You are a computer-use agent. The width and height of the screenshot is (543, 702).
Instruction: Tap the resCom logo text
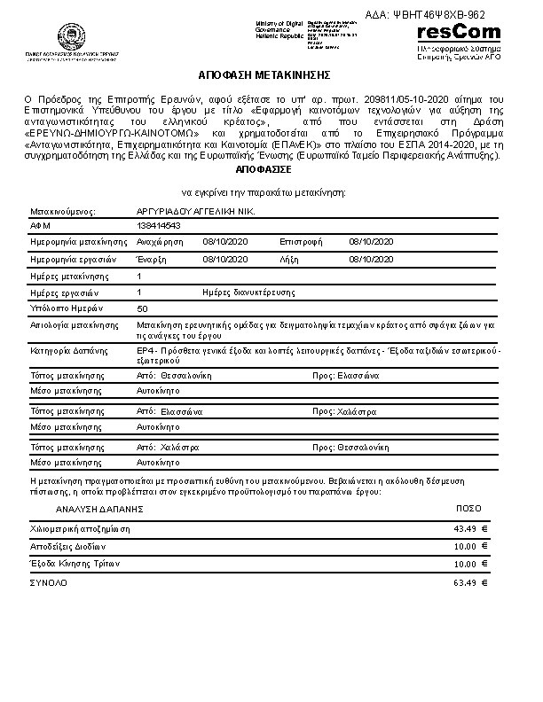click(458, 33)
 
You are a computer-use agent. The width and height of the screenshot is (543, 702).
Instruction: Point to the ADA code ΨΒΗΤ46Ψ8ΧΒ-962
click(438, 14)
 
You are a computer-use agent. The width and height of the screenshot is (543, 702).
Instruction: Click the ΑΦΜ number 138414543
click(153, 226)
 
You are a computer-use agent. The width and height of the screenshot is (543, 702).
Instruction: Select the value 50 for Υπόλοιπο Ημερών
click(143, 308)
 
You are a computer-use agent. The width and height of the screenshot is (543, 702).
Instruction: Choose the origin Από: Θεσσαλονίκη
click(173, 376)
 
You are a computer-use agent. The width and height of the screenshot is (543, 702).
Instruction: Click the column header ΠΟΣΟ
click(468, 510)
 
